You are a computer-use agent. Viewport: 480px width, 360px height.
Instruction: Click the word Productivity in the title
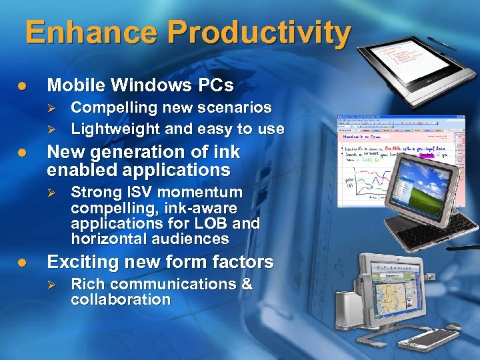pos(259,33)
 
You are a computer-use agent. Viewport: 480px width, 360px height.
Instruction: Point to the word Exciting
pos(81,262)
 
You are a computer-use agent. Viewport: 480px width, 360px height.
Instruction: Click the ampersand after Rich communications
pos(246,284)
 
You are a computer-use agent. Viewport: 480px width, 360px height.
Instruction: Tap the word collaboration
pos(121,299)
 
